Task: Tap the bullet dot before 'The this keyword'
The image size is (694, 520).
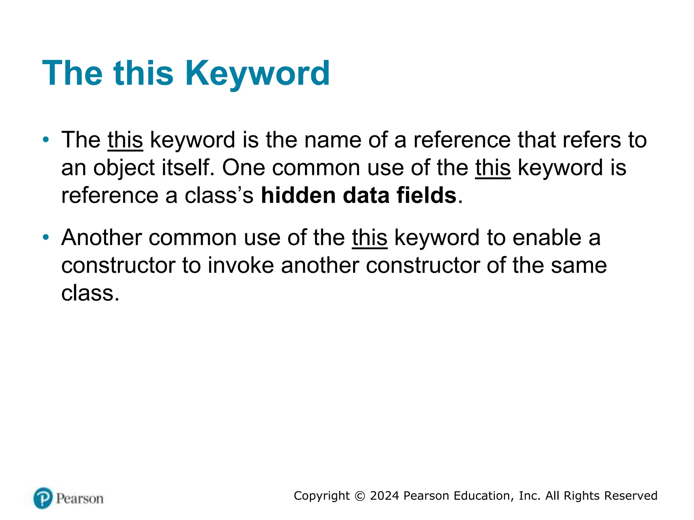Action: click(x=46, y=139)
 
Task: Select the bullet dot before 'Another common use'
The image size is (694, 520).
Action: click(x=46, y=237)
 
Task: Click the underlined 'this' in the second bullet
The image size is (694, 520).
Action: click(x=369, y=238)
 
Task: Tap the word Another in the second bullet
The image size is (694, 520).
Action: click(x=101, y=238)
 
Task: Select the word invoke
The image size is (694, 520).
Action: click(x=241, y=265)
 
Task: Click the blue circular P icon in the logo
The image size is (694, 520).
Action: click(x=43, y=498)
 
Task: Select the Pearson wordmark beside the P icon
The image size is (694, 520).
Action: click(x=80, y=499)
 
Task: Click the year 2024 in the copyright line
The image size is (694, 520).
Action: click(x=384, y=496)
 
